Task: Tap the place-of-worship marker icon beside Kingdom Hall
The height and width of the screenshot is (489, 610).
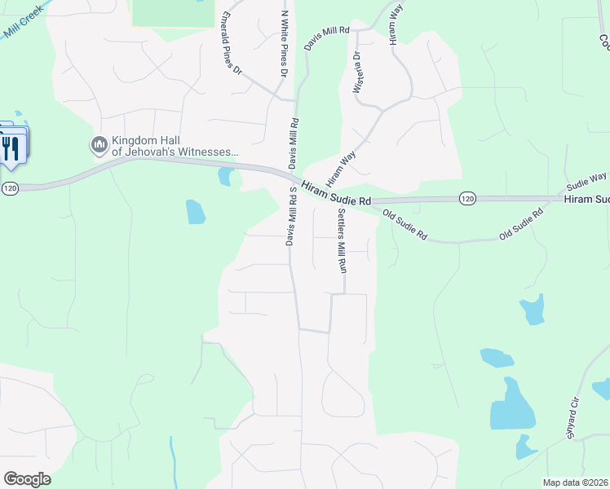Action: coord(99,145)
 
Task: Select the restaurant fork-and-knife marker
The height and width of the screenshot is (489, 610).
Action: coord(11,148)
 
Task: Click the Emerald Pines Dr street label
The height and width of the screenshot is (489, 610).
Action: coord(232,42)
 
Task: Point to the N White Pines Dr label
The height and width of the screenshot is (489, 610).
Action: coord(285,45)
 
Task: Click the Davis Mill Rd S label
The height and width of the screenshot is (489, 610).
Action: coord(291,215)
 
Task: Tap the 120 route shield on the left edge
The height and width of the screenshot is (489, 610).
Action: coord(9,188)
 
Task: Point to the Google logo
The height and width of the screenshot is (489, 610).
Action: coord(27,479)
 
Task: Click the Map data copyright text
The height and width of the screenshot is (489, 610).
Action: coord(564,482)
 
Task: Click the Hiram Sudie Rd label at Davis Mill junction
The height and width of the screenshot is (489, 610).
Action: coord(336,194)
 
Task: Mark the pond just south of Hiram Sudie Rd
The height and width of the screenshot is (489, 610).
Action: coord(196,211)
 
